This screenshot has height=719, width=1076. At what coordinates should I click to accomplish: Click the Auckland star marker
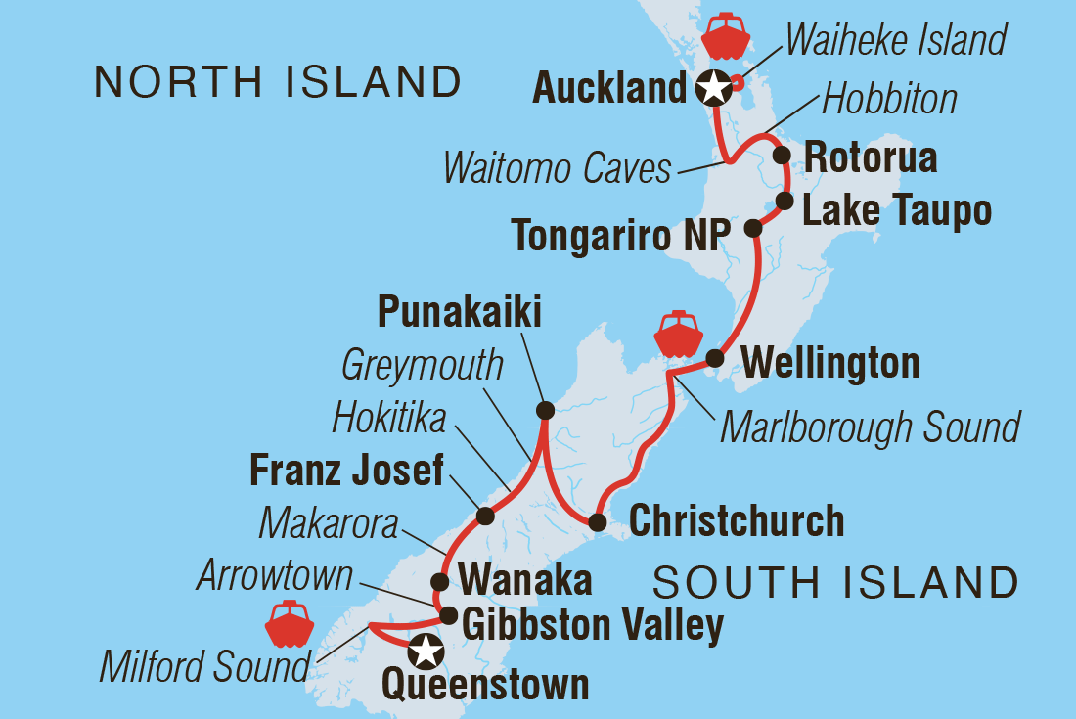click(714, 89)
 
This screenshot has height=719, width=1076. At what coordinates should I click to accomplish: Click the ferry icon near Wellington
click(678, 335)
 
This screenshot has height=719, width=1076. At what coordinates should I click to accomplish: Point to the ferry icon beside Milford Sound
click(289, 624)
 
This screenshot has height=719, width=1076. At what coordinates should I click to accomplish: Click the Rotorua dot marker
click(781, 155)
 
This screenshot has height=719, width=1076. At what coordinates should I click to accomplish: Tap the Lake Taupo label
click(896, 209)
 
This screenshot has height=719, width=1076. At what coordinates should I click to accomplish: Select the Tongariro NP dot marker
click(752, 228)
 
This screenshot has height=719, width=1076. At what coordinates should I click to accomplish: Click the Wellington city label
click(830, 364)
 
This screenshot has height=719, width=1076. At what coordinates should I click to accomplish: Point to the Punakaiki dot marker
click(545, 410)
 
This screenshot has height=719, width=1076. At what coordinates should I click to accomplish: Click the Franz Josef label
click(346, 472)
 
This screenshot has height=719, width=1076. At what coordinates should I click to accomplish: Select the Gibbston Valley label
click(592, 624)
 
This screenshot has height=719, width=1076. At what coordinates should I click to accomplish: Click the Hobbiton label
click(889, 99)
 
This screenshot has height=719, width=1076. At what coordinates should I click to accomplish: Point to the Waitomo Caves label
click(557, 168)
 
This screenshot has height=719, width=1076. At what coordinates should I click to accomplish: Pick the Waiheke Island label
click(895, 41)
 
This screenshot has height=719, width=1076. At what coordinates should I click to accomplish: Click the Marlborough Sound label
click(870, 427)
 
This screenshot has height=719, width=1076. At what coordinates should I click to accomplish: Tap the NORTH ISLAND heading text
click(278, 82)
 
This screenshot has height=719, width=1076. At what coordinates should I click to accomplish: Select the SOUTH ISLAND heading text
click(835, 583)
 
